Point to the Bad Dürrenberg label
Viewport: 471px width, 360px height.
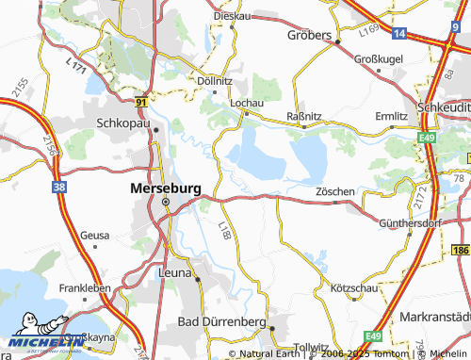tap(222, 322)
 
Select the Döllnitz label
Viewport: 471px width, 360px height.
tap(215, 80)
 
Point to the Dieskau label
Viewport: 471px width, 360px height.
tap(230, 16)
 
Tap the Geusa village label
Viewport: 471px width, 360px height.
tap(95, 236)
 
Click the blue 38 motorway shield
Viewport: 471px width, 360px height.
tap(60, 188)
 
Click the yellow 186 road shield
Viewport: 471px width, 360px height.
tap(460, 250)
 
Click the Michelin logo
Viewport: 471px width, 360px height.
tap(40, 343)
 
